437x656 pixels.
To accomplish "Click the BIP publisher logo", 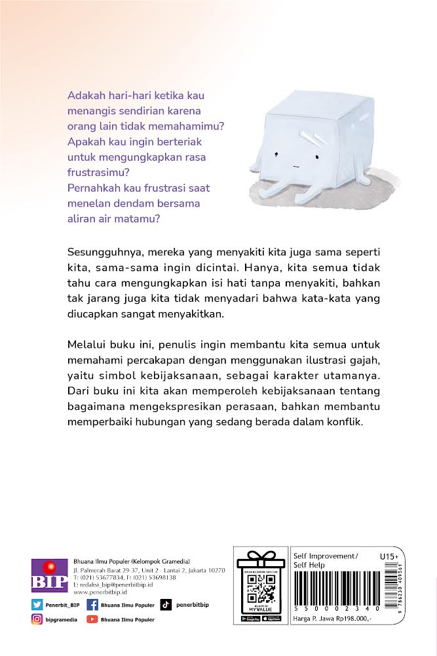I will [49, 575].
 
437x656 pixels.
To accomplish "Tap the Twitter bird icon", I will [37, 604].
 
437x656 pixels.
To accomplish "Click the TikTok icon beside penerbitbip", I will [166, 604].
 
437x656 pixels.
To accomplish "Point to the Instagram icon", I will [37, 619].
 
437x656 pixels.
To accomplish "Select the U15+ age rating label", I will [389, 556].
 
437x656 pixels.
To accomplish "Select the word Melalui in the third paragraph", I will [85, 344].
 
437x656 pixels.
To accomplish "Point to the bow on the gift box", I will [260, 556].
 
